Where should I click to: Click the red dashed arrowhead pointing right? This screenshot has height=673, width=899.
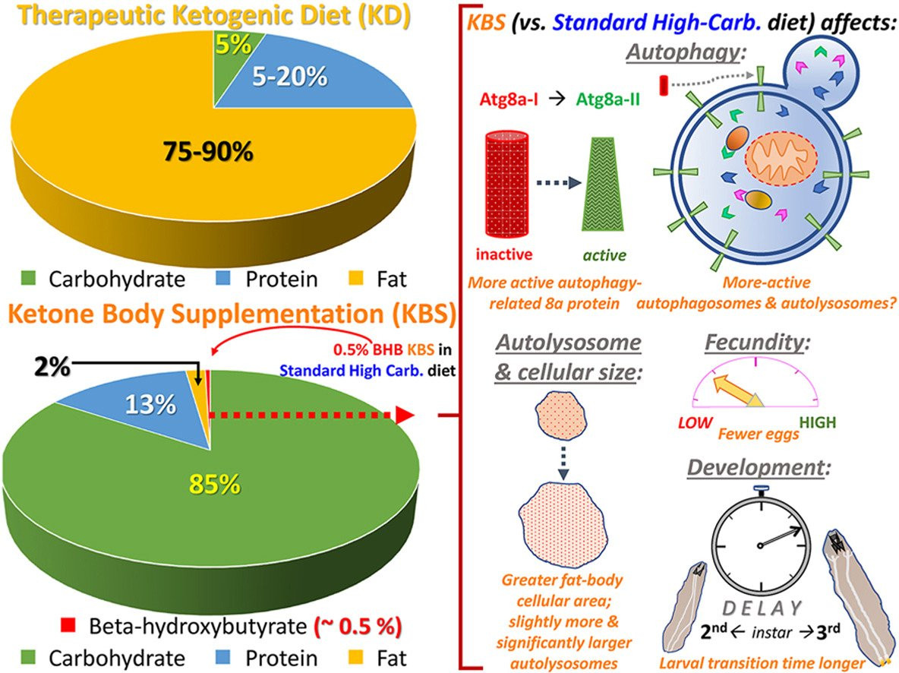click(x=405, y=415)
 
